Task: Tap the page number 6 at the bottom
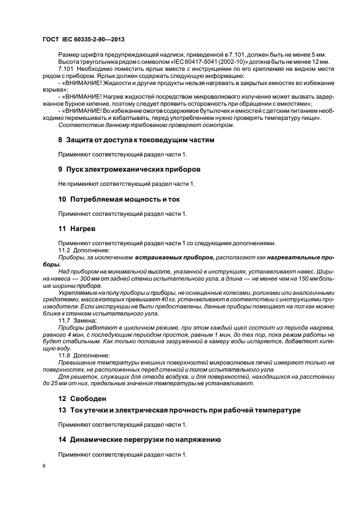pyautogui.click(x=44, y=467)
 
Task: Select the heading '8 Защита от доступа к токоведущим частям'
pyautogui.click(x=136, y=139)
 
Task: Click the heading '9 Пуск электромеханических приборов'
pyautogui.click(x=129, y=169)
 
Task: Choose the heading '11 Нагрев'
pyautogui.click(x=77, y=229)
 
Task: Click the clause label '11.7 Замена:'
pyautogui.click(x=76, y=320)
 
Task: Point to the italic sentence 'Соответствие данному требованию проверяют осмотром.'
pyautogui.click(x=145, y=125)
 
